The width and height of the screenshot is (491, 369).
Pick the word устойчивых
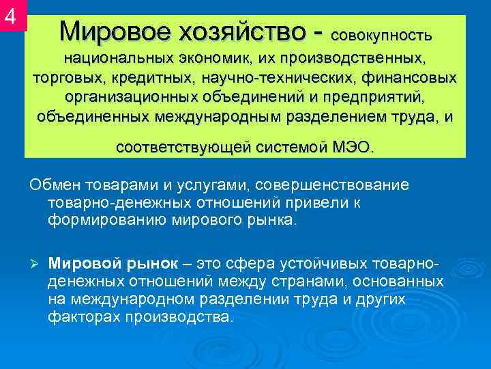click(x=321, y=264)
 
